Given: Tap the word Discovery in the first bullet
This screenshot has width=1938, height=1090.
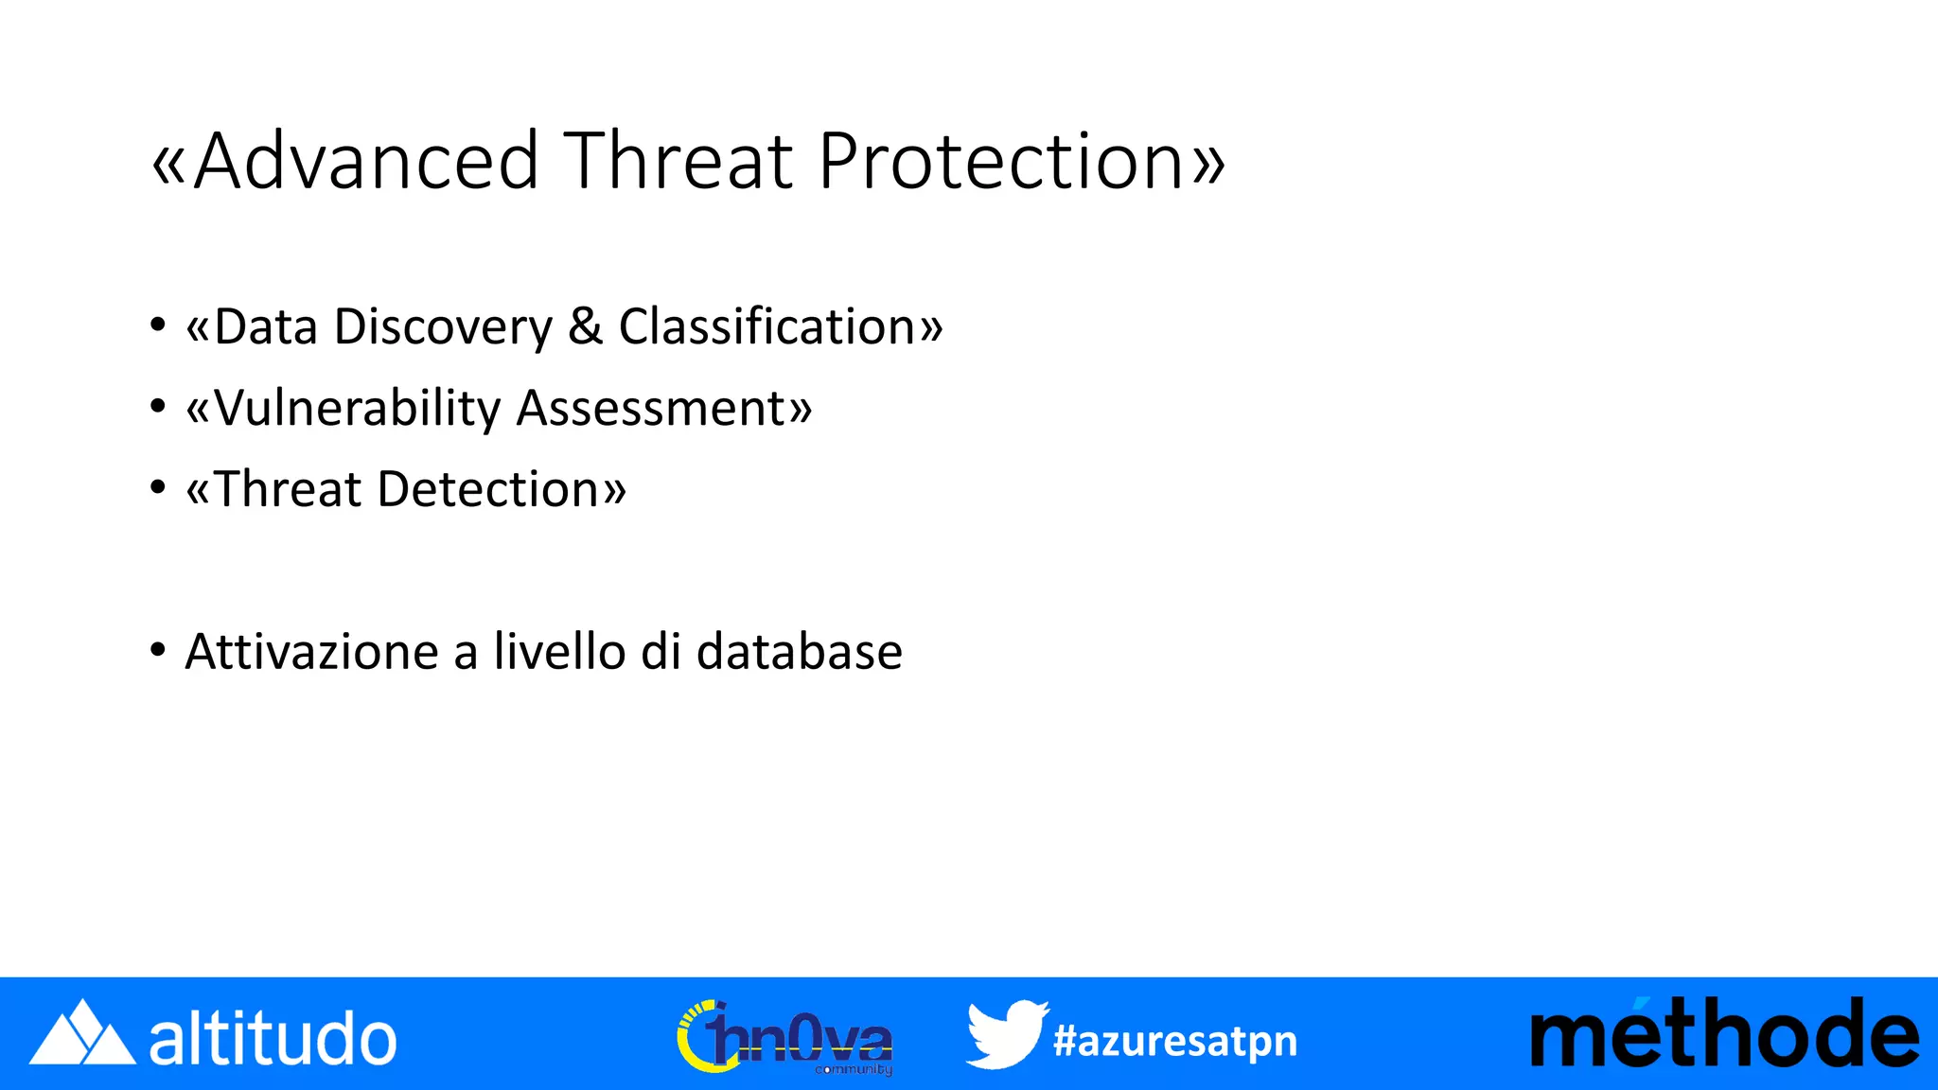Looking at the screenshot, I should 443,327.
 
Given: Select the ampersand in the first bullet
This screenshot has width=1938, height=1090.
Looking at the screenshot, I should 586,326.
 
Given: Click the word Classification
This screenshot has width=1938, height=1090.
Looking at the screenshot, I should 767,326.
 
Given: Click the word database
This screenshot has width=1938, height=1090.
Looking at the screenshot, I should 800,652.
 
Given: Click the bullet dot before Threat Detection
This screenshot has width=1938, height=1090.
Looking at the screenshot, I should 158,488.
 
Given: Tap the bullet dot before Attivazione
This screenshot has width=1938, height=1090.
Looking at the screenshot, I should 158,651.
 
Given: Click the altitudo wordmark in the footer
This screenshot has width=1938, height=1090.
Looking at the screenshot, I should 273,1038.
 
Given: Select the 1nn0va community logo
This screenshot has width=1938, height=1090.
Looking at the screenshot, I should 784,1038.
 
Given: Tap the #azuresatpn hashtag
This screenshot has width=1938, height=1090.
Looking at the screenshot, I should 1174,1041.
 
